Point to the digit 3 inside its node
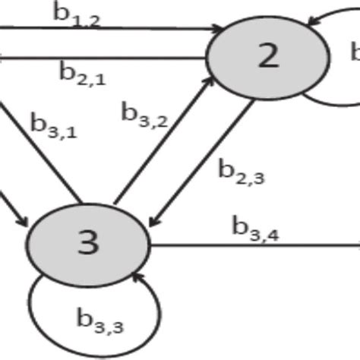[x=88, y=243]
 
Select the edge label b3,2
[x=145, y=113]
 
